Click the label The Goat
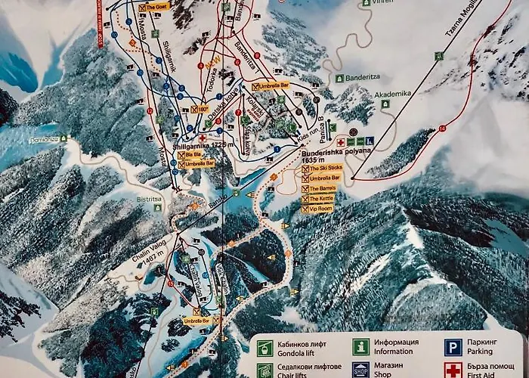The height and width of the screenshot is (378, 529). (x=157, y=7)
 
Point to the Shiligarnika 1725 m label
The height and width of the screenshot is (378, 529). (x=200, y=144)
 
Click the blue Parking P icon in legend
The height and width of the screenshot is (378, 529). (x=453, y=348)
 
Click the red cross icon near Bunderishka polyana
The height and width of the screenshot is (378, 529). (x=341, y=141)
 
